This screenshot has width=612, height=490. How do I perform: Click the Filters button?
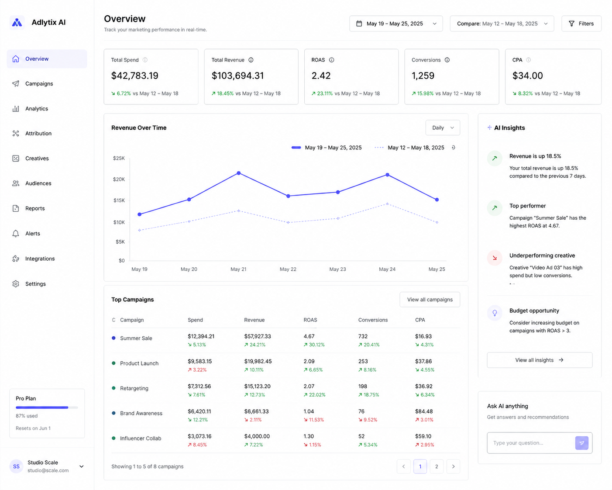tap(581, 24)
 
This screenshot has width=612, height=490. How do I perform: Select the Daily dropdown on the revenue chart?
tap(443, 128)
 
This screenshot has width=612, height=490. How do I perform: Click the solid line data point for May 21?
tap(239, 173)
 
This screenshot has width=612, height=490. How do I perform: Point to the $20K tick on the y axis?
tap(119, 179)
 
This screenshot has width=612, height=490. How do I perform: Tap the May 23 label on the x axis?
tap(337, 269)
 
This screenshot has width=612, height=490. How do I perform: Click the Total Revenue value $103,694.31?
tap(237, 76)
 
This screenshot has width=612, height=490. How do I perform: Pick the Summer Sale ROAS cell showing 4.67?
tap(309, 336)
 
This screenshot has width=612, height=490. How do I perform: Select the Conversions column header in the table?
tap(373, 320)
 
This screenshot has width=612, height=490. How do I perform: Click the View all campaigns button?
tap(430, 300)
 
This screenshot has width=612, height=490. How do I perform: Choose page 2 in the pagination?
tap(437, 466)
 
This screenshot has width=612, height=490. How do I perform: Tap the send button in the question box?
tap(581, 443)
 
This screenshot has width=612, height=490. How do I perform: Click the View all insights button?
tap(540, 360)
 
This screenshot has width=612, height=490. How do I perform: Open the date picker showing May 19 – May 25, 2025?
tap(396, 24)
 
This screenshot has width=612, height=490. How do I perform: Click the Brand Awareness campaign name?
tap(141, 413)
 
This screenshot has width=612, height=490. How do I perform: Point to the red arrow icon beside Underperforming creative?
tap(495, 258)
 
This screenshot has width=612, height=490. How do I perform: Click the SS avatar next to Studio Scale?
tap(16, 466)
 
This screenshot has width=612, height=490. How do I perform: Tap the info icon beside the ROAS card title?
tap(332, 60)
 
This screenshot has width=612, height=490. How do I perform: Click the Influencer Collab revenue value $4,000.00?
tap(257, 436)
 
